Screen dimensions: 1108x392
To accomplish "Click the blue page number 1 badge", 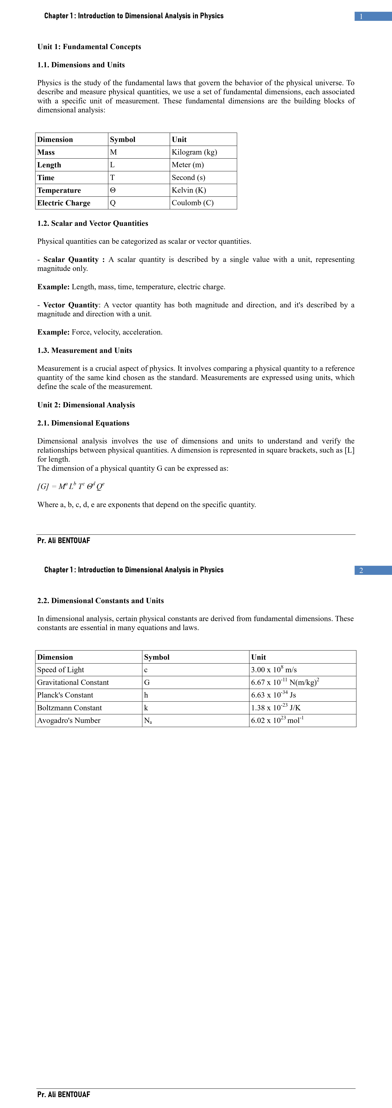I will tap(373, 16).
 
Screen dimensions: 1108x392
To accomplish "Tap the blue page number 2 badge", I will tap(373, 570).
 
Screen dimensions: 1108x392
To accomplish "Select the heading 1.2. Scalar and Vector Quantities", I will tap(93, 223).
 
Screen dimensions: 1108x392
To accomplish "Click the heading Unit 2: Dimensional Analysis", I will tap(86, 405).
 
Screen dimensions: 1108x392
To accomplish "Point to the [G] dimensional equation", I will tap(71, 486).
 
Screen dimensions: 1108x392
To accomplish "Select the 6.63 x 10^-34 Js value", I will tap(274, 695).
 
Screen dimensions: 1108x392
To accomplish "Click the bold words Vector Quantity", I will tap(71, 305).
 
